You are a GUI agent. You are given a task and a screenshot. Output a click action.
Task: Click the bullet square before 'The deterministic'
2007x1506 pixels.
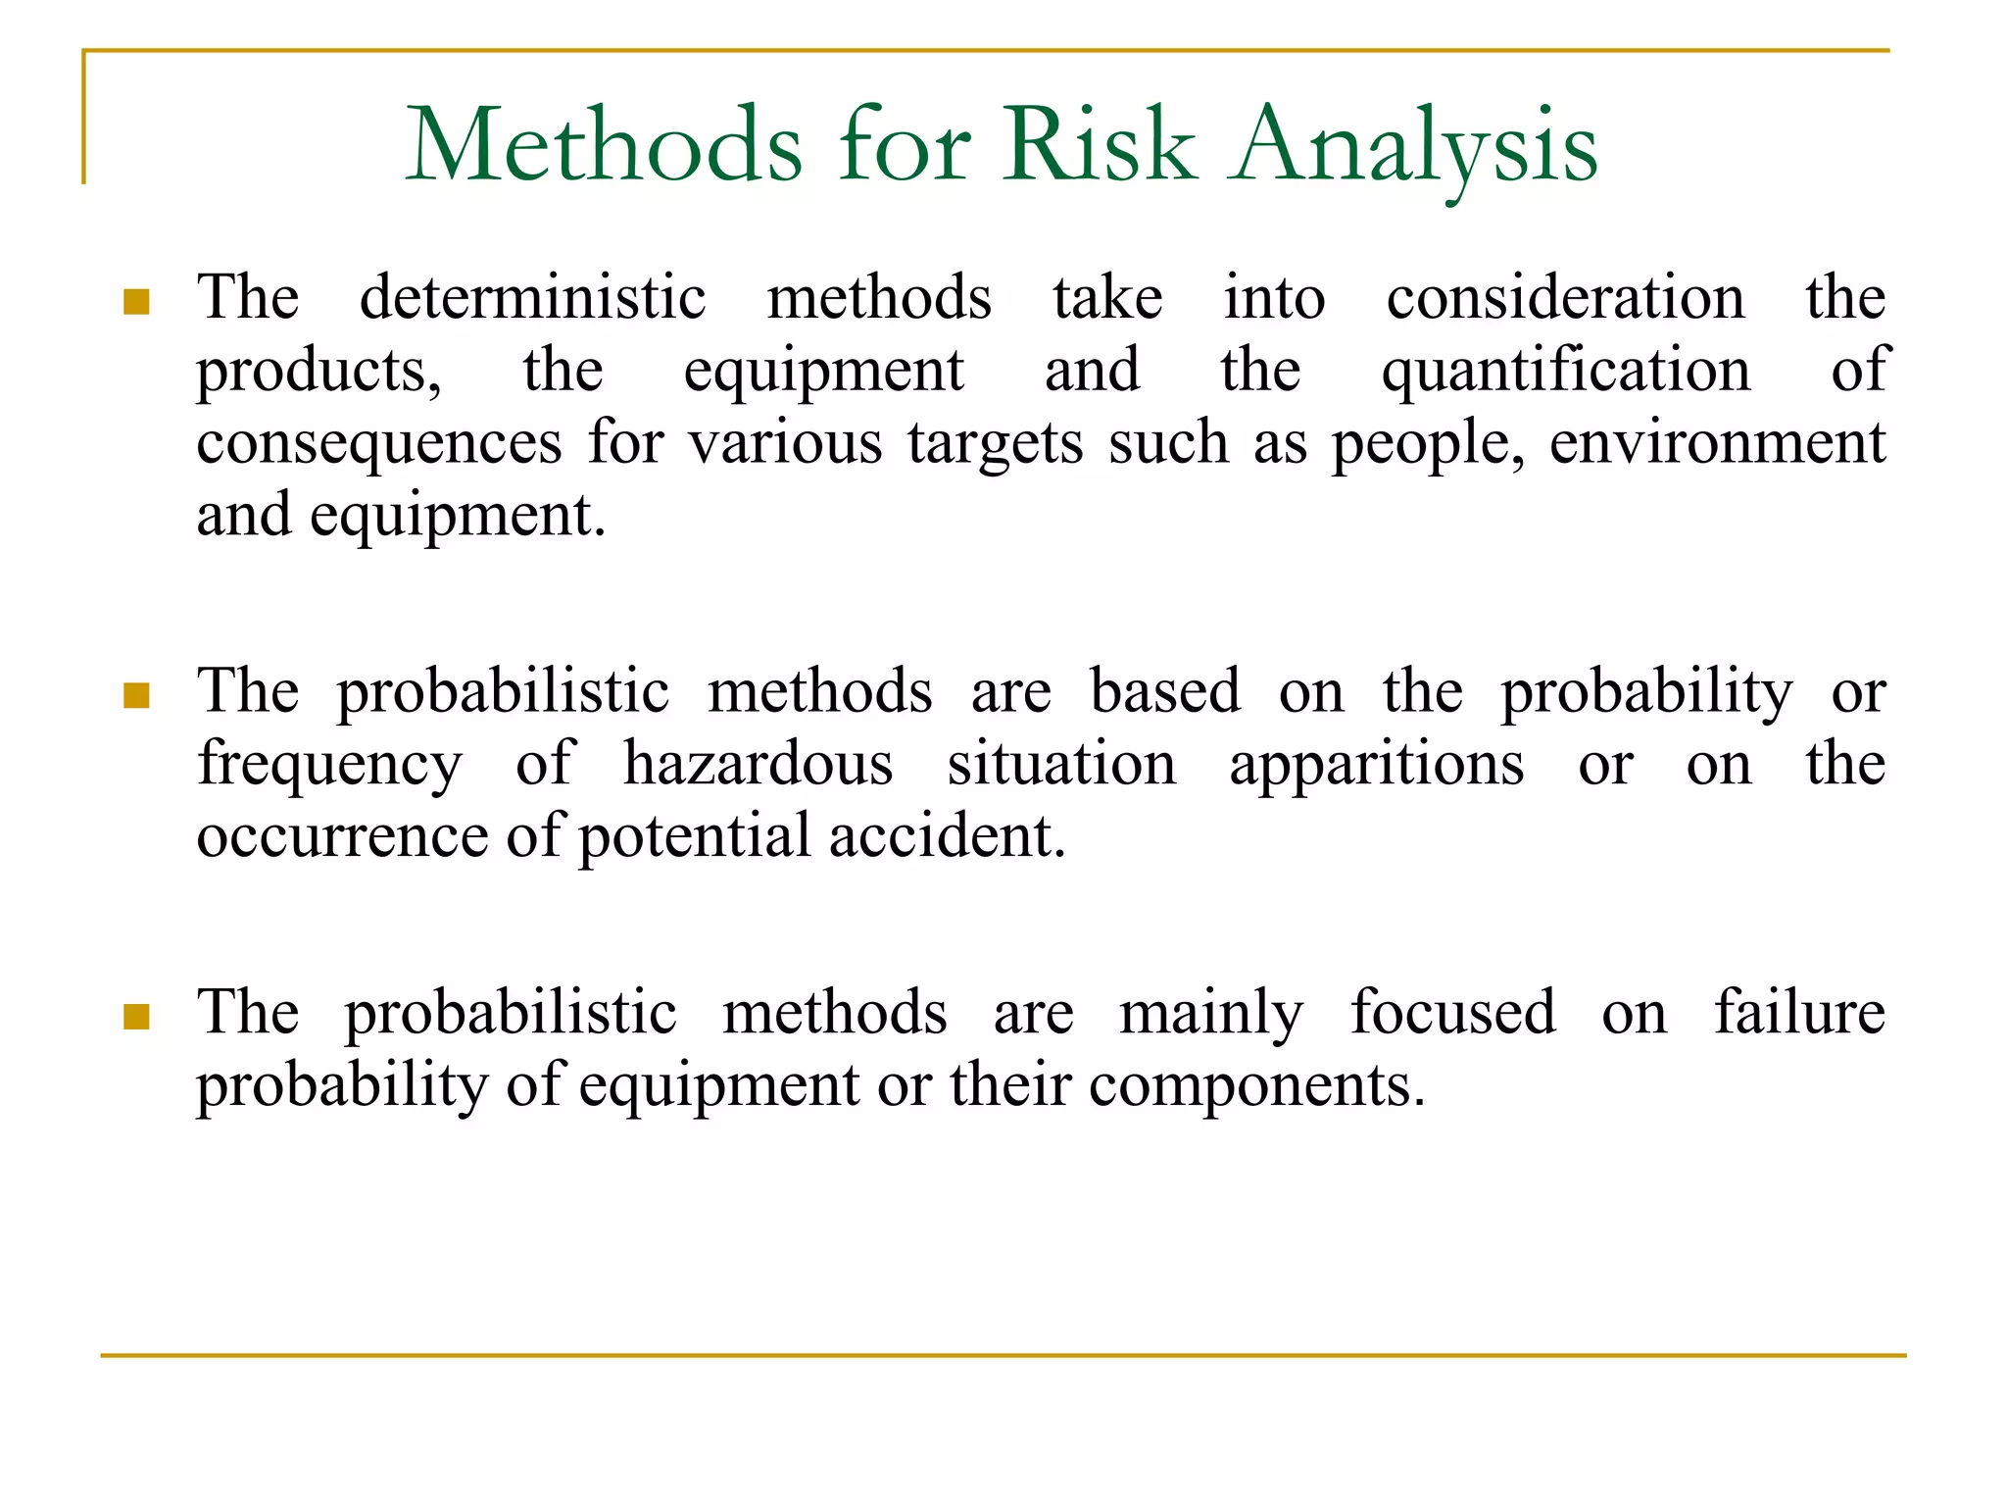(x=137, y=301)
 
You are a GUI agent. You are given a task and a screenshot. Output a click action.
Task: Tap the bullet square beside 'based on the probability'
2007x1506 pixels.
(x=137, y=695)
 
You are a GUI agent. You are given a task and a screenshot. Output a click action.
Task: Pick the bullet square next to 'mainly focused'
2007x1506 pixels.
(x=137, y=1017)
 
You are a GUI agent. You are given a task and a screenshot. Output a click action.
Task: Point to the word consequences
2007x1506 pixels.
(x=379, y=443)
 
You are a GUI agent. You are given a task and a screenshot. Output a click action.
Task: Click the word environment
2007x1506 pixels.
(x=1717, y=443)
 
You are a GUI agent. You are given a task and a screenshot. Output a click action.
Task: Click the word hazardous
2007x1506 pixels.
(x=758, y=764)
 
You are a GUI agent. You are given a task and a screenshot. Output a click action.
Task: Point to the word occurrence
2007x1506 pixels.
(x=342, y=836)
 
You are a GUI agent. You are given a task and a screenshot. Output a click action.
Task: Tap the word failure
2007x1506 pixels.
(x=1799, y=1012)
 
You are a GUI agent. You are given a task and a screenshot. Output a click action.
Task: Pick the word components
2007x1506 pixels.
(x=1256, y=1086)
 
